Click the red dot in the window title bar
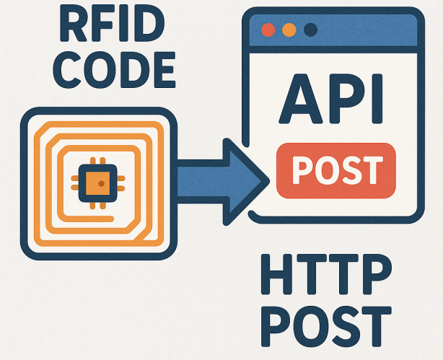[268, 31]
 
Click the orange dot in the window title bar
[289, 31]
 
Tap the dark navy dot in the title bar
[311, 31]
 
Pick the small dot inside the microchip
[102, 183]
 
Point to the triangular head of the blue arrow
[245, 175]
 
